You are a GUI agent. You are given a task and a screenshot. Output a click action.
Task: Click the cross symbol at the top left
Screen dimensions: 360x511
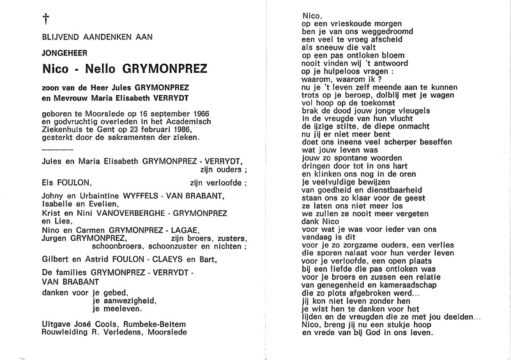tap(27, 20)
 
